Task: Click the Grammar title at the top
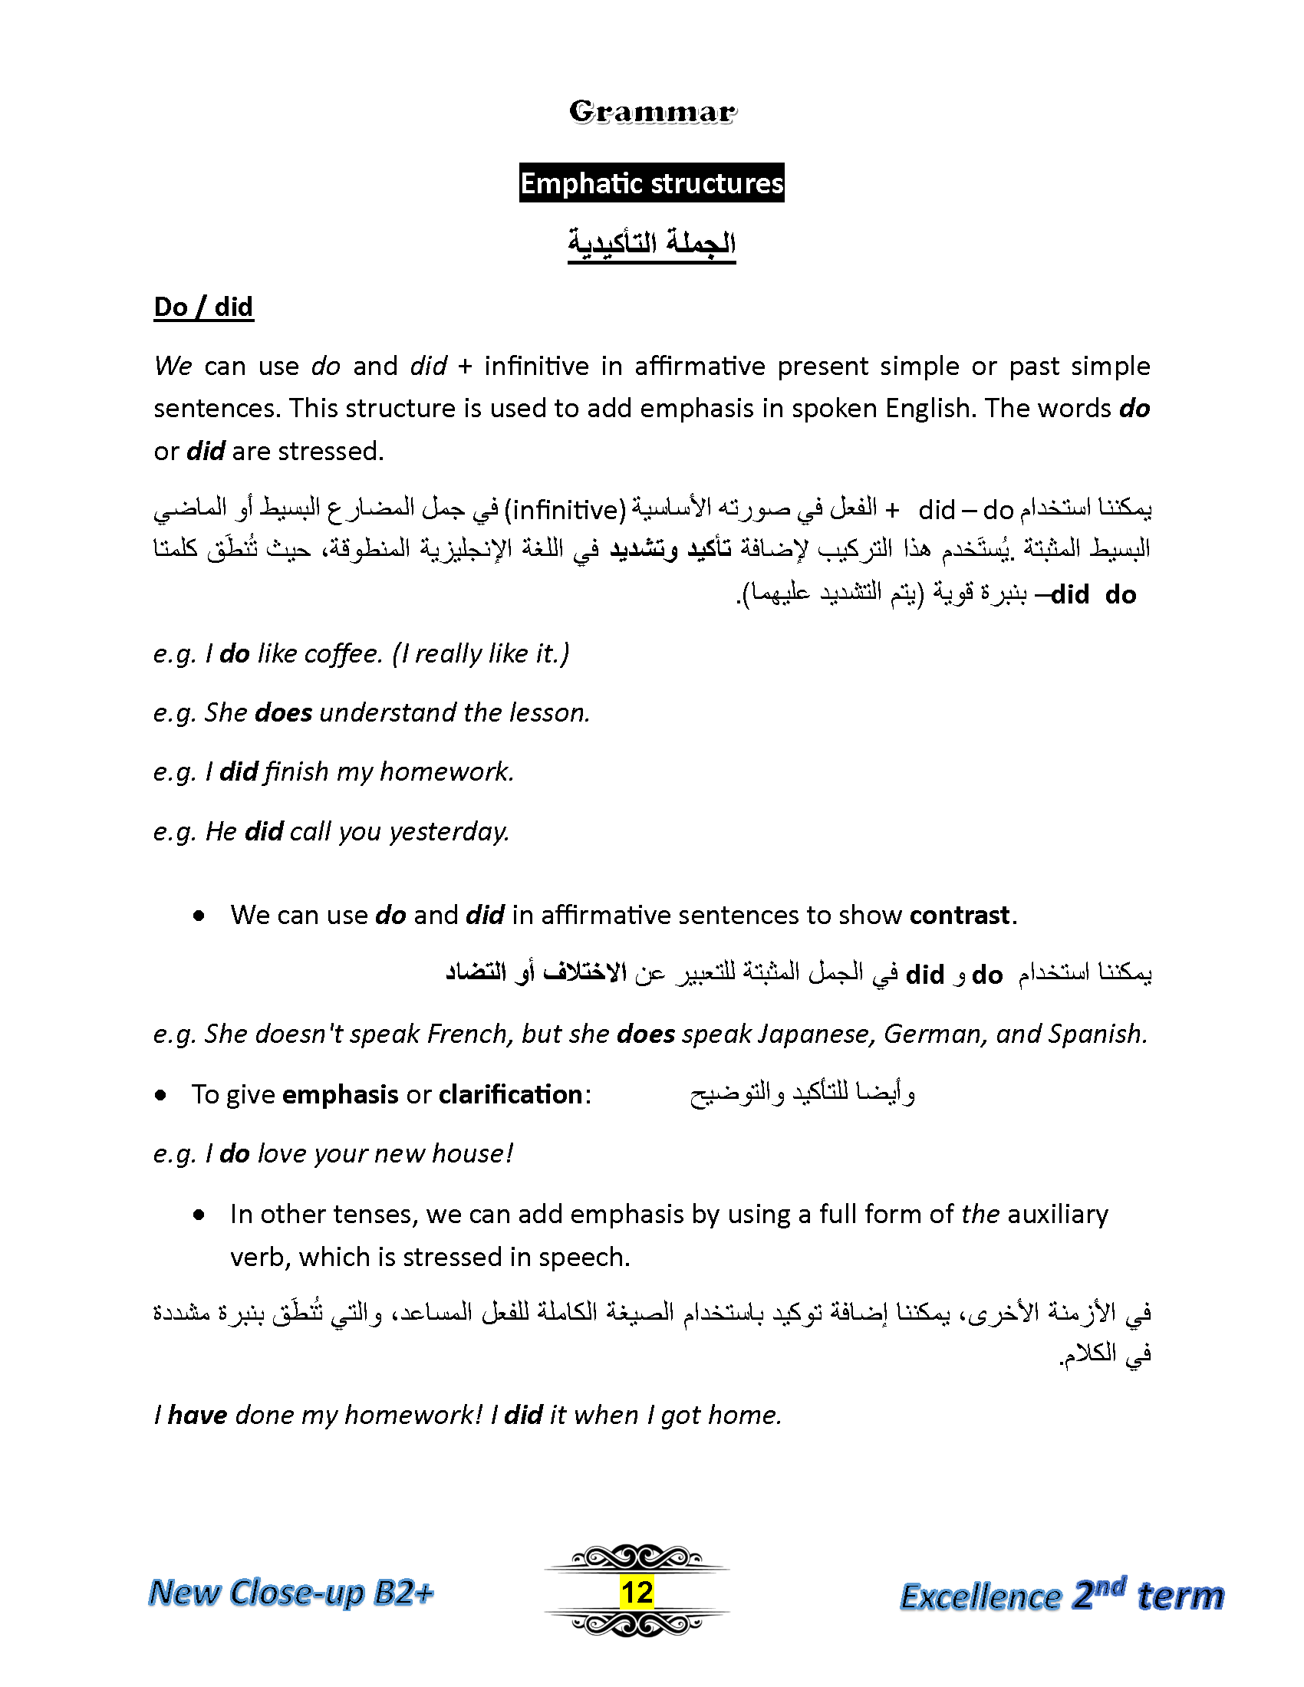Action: click(652, 112)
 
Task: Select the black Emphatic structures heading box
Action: click(651, 183)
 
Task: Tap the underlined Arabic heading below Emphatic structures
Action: click(651, 242)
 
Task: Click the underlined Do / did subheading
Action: click(203, 307)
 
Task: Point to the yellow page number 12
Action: click(637, 1592)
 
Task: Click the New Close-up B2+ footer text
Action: click(291, 1592)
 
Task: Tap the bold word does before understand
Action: click(283, 713)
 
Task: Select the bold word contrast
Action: click(960, 916)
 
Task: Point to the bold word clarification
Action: click(510, 1094)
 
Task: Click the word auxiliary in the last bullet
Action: click(1058, 1215)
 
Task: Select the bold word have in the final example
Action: click(197, 1415)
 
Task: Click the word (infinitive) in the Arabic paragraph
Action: click(567, 510)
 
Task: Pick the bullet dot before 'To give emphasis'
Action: click(160, 1095)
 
